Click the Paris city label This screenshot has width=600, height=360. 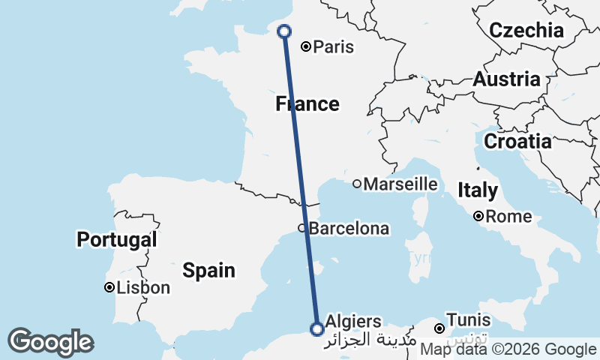[334, 47]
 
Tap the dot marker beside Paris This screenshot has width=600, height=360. [306, 46]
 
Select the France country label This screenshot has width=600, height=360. [307, 103]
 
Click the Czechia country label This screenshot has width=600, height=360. [526, 31]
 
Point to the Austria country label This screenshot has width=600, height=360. [507, 79]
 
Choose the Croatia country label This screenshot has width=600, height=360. [517, 141]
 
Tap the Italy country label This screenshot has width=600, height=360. [477, 190]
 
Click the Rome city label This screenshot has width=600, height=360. [508, 217]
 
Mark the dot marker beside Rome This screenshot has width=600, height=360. [478, 217]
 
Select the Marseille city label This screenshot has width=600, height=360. [400, 184]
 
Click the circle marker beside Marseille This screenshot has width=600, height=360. [357, 184]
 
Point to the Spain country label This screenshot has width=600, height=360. [210, 270]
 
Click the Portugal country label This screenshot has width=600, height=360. [117, 240]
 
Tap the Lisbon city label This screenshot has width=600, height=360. [145, 288]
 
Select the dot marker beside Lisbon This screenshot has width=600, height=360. [109, 287]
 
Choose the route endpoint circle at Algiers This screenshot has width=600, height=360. [317, 328]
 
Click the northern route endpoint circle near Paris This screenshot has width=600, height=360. [284, 31]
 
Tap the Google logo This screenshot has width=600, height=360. [51, 343]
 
